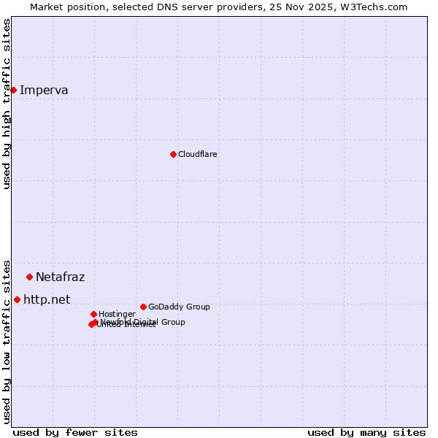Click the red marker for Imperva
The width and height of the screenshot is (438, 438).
click(13, 90)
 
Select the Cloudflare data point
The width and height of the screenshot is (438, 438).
click(173, 154)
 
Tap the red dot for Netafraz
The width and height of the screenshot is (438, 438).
click(29, 277)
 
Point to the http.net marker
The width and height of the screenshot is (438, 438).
click(17, 299)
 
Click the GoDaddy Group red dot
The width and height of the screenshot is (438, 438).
click(143, 307)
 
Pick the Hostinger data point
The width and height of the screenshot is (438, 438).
click(93, 314)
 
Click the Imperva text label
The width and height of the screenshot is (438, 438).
click(44, 91)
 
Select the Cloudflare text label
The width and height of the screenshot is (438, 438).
click(197, 154)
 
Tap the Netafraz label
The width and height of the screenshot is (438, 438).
click(60, 277)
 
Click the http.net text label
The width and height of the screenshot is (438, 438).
click(47, 299)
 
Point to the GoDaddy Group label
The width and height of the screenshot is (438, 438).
click(179, 307)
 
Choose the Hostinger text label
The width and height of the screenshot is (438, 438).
click(117, 314)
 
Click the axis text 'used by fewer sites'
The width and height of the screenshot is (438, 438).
click(75, 432)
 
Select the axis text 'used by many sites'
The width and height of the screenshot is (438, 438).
click(366, 432)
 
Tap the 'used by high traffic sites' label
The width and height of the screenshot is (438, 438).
click(7, 104)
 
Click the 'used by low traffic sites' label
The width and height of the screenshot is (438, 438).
click(7, 341)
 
